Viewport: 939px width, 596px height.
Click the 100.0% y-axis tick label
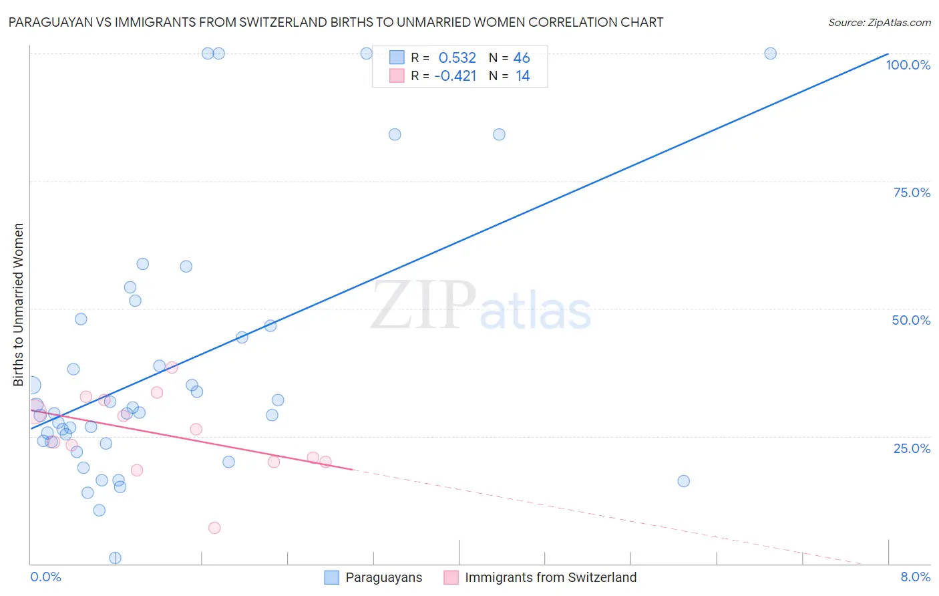[x=908, y=65]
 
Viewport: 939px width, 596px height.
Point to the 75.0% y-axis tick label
[x=912, y=192]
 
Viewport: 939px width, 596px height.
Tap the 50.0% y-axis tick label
[x=911, y=320]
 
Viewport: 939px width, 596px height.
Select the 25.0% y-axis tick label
[x=912, y=448]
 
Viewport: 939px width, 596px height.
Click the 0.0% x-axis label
[x=45, y=577]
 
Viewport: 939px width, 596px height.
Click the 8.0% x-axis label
[x=915, y=577]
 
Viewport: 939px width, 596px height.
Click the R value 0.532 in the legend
[x=457, y=58]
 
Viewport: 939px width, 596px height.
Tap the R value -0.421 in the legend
[x=455, y=76]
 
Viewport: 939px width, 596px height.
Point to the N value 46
[x=522, y=58]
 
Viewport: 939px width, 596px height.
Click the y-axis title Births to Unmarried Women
[x=19, y=305]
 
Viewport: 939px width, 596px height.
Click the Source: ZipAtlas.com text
[x=879, y=23]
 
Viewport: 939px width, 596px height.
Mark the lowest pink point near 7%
[x=214, y=528]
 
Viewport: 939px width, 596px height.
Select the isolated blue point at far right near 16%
[x=683, y=481]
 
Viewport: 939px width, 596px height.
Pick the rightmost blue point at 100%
[x=770, y=53]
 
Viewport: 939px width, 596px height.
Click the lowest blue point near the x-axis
[x=115, y=558]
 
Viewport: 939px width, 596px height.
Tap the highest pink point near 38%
[x=172, y=367]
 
